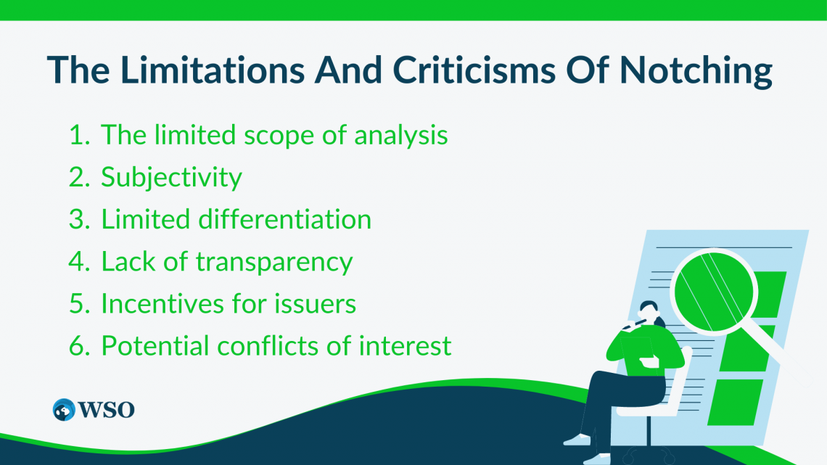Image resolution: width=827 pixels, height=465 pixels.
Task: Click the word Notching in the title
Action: [x=696, y=71]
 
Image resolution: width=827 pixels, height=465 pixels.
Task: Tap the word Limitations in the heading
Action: [x=212, y=70]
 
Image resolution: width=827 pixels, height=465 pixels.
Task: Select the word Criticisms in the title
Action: [x=474, y=70]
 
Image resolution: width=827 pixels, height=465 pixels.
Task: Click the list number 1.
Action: [x=79, y=135]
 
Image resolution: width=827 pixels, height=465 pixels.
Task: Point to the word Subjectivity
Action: [x=171, y=178]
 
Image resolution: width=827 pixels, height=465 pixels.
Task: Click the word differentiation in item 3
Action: [x=285, y=219]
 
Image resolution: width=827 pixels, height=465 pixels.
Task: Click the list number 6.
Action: [x=79, y=346]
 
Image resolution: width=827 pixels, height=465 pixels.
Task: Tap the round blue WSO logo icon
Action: [x=64, y=410]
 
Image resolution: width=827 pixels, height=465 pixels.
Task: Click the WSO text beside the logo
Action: [x=107, y=410]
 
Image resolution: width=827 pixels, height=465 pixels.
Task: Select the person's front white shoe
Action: [x=577, y=439]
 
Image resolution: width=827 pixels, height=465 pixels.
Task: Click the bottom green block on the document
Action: [x=735, y=402]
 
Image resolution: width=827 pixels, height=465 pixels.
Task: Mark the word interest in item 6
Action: [x=405, y=346]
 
